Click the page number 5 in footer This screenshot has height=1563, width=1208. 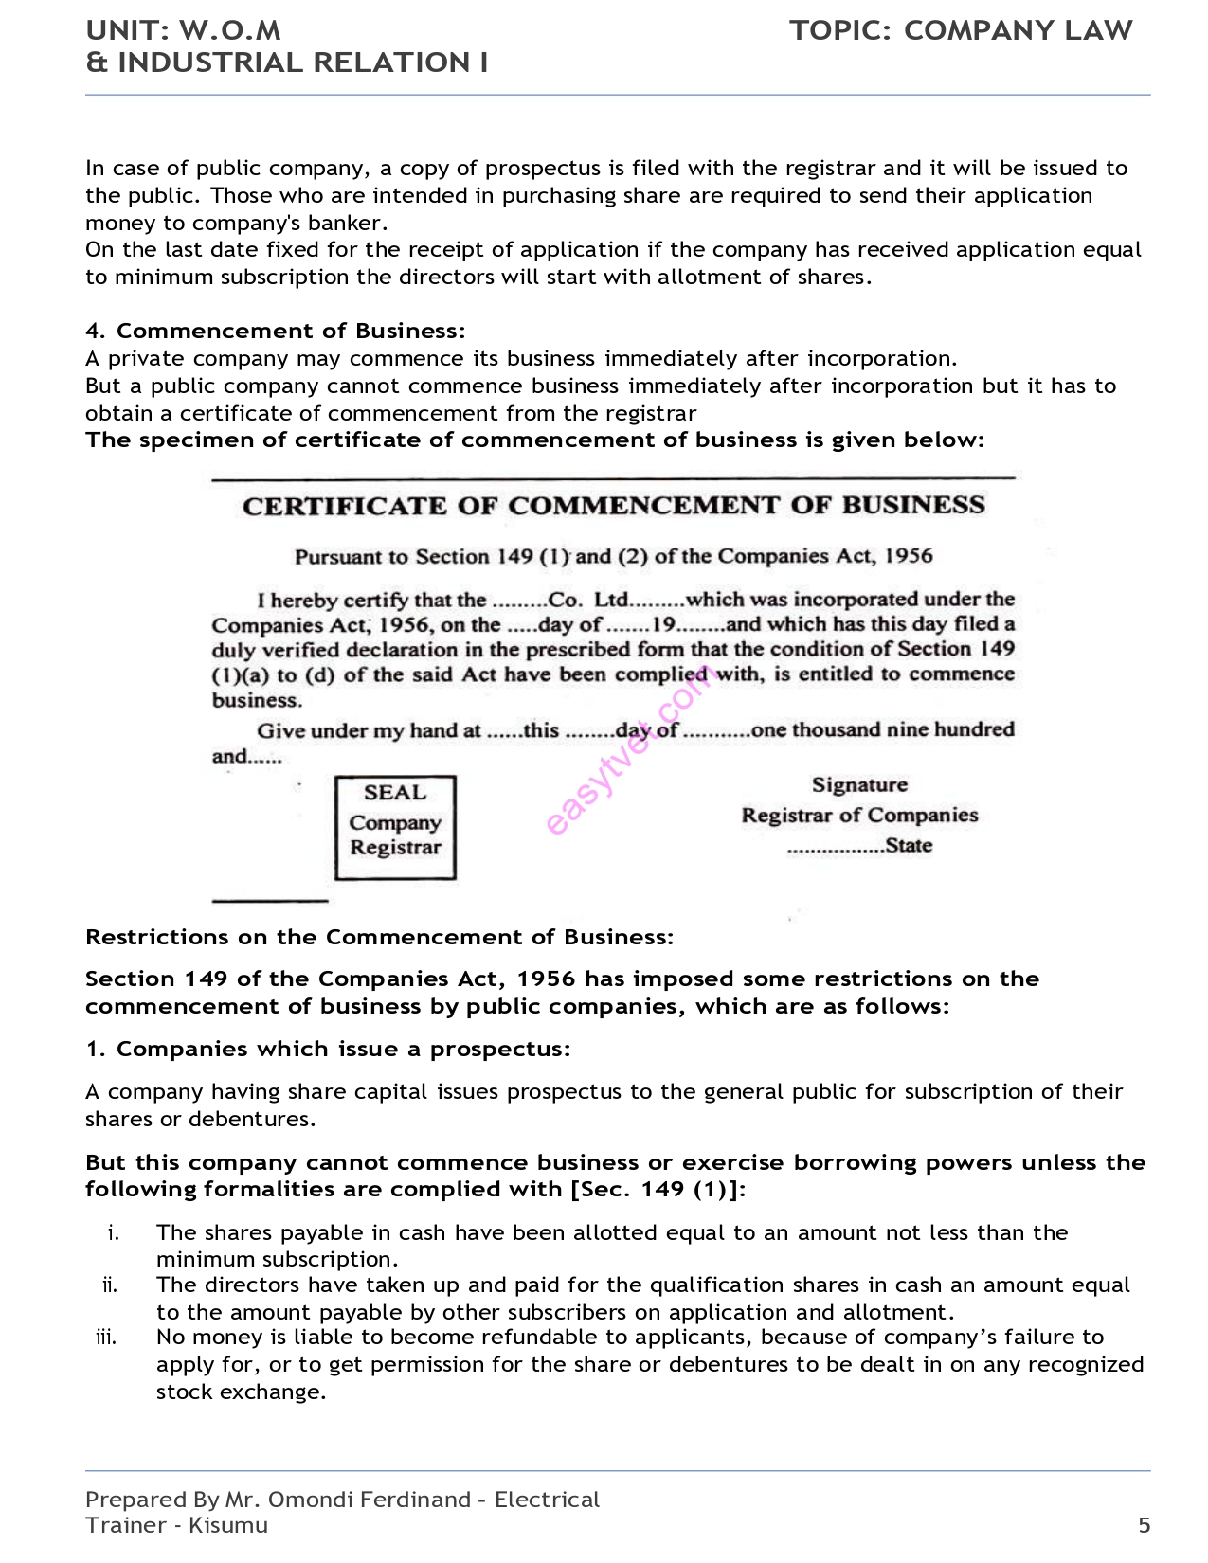coord(1144,1525)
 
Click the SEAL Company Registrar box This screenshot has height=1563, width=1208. coord(395,827)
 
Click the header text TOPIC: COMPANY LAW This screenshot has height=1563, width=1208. coord(961,30)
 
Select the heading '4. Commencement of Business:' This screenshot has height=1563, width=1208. coord(275,331)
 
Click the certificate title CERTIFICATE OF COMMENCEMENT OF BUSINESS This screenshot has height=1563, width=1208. coord(614,505)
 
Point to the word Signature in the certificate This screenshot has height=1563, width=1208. coord(859,784)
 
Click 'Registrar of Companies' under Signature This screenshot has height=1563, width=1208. coord(859,815)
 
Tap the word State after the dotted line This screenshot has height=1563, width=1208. coord(909,845)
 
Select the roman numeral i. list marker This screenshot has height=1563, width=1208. coord(114,1232)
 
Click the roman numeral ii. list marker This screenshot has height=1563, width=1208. coord(110,1285)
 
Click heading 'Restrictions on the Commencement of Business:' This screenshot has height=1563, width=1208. coord(379,937)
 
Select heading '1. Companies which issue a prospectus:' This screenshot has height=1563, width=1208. coord(328,1049)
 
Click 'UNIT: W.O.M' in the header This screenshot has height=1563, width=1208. coord(183,30)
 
